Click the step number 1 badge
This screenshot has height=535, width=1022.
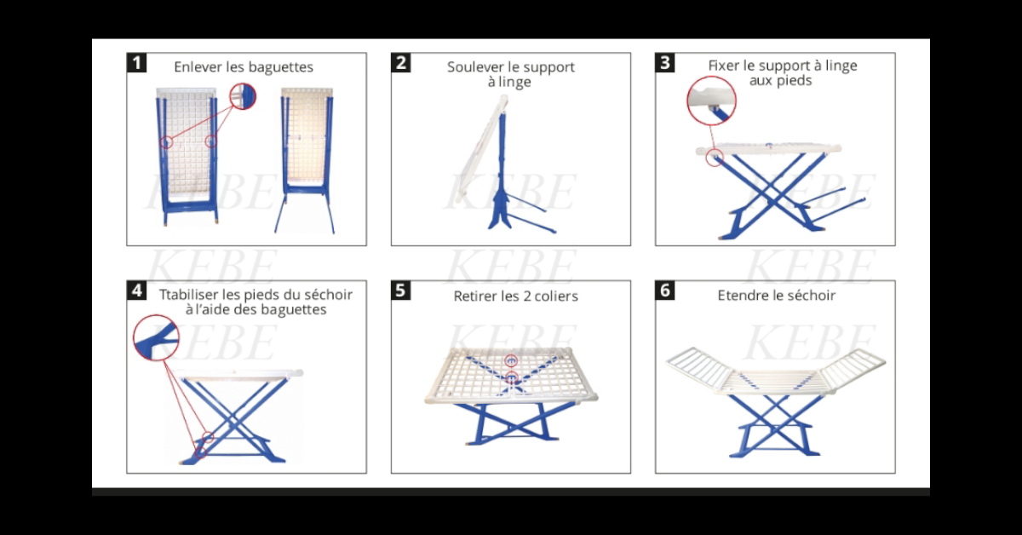click(x=136, y=62)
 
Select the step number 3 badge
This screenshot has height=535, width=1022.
click(x=665, y=62)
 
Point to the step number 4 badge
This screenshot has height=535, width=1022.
click(x=136, y=291)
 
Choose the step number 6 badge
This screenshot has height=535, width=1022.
click(x=665, y=291)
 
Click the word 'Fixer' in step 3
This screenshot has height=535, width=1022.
click(x=726, y=66)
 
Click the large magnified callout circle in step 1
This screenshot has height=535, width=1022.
click(x=243, y=96)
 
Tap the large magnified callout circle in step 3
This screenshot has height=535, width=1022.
click(x=711, y=100)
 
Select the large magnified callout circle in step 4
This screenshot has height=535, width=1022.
click(x=156, y=336)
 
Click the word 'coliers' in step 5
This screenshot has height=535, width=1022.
click(x=555, y=296)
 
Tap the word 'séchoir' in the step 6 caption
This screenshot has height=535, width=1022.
click(x=811, y=296)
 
